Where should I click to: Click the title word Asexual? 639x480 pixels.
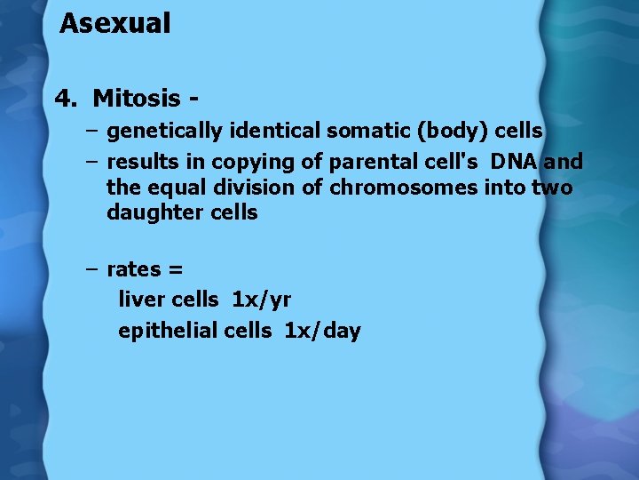[114, 24]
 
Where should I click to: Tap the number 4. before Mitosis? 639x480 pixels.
[67, 97]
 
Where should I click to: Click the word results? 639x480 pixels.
[142, 162]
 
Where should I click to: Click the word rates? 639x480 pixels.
[134, 269]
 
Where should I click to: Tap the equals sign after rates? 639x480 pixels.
[174, 270]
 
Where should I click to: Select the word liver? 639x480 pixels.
[139, 300]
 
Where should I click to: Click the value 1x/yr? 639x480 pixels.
[261, 300]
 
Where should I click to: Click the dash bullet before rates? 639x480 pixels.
[92, 269]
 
